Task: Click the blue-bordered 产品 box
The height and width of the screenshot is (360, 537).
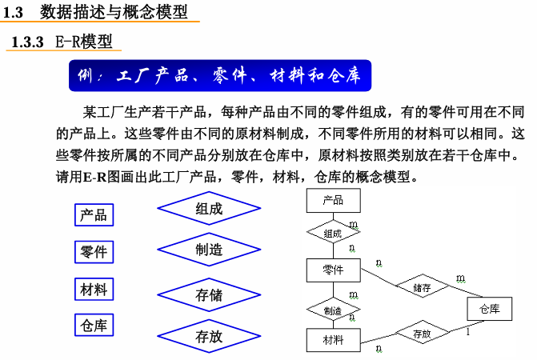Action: pyautogui.click(x=94, y=214)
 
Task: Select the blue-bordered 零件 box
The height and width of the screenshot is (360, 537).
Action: pyautogui.click(x=94, y=252)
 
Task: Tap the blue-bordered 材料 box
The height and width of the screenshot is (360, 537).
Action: pyautogui.click(x=94, y=289)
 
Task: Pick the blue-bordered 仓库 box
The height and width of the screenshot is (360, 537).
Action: pyautogui.click(x=94, y=326)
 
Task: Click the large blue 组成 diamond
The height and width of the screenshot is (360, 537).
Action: pyautogui.click(x=209, y=210)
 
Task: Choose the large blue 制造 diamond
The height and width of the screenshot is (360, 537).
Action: pyautogui.click(x=209, y=250)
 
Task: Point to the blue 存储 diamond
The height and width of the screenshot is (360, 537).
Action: pyautogui.click(x=209, y=295)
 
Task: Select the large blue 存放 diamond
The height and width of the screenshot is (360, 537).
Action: pyautogui.click(x=209, y=337)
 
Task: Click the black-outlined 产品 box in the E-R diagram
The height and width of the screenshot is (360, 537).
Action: pyautogui.click(x=333, y=200)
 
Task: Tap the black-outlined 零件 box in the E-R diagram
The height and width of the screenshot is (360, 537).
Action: pyautogui.click(x=333, y=270)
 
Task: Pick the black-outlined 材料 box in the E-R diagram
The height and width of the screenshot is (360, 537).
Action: pyautogui.click(x=333, y=340)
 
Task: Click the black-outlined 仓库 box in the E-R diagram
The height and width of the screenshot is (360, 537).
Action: pyautogui.click(x=490, y=309)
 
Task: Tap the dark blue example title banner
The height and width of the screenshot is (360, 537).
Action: pyautogui.click(x=219, y=76)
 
